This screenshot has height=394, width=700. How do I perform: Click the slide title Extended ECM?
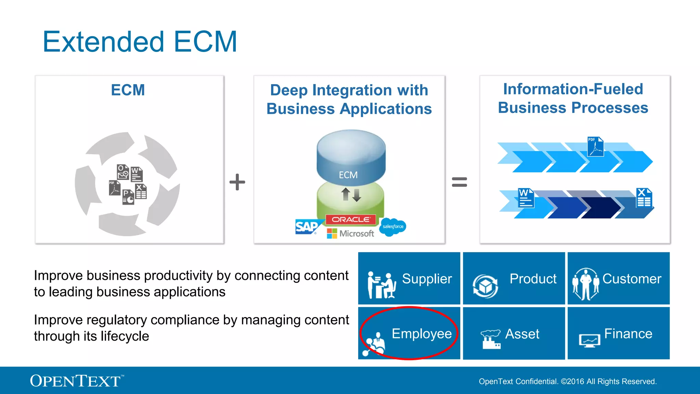tap(139, 42)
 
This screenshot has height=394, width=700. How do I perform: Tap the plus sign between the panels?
tap(237, 182)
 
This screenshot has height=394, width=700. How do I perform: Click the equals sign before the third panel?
tap(459, 182)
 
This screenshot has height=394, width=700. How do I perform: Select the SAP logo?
tap(307, 227)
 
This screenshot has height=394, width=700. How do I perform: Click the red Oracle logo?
tap(350, 220)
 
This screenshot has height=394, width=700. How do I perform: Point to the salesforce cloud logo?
tap(393, 226)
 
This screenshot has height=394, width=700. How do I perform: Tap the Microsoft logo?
tap(350, 234)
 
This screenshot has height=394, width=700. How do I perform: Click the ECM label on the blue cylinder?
tap(348, 175)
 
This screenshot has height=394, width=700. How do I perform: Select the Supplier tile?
tap(409, 279)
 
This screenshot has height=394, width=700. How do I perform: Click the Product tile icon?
tap(485, 286)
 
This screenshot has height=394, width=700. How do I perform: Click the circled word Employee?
tap(421, 333)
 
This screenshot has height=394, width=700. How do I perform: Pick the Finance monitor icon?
tap(589, 341)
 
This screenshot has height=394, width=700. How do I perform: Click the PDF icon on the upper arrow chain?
tap(595, 146)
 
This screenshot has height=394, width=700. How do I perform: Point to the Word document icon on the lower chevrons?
tap(525, 198)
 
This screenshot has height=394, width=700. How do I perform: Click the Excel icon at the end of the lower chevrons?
tap(644, 198)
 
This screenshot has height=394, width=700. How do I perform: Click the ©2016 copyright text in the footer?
tap(567, 381)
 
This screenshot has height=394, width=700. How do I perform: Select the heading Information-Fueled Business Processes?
tap(573, 98)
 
